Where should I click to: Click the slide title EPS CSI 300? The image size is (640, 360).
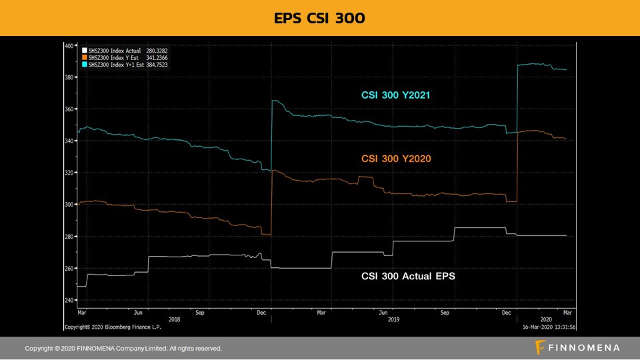coord(319,18)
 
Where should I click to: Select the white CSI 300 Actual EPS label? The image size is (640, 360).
coord(408,275)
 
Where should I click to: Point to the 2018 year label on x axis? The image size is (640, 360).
coord(175,319)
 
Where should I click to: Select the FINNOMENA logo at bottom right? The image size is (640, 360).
coord(578,347)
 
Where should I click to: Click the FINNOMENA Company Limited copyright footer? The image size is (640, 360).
coord(123,348)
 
